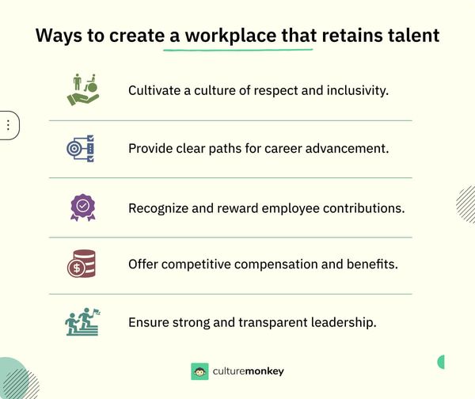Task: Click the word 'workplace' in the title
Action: pyautogui.click(x=237, y=36)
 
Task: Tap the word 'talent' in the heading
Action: pyautogui.click(x=410, y=36)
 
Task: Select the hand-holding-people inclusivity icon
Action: pyautogui.click(x=82, y=89)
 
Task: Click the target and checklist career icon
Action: pyautogui.click(x=80, y=148)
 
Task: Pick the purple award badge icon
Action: pyautogui.click(x=82, y=207)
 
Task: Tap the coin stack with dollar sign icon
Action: pyautogui.click(x=82, y=264)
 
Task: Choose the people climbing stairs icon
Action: pyautogui.click(x=82, y=323)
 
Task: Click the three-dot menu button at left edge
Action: pyautogui.click(x=8, y=125)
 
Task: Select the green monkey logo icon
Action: pyautogui.click(x=199, y=371)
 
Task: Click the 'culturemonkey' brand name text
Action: pyautogui.click(x=248, y=371)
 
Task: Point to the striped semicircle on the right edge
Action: pyautogui.click(x=466, y=204)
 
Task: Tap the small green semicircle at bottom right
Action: pyautogui.click(x=441, y=362)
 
